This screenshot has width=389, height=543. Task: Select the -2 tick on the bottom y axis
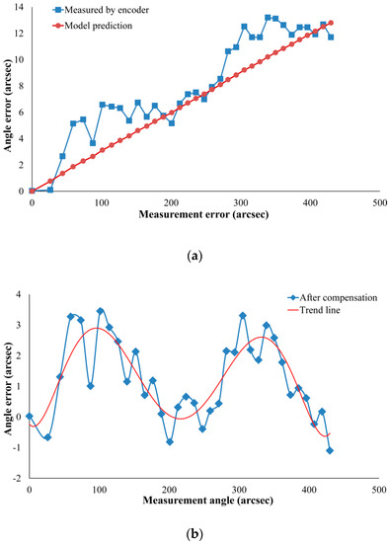tap(21, 477)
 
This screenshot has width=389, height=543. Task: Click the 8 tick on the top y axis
tap(23, 86)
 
